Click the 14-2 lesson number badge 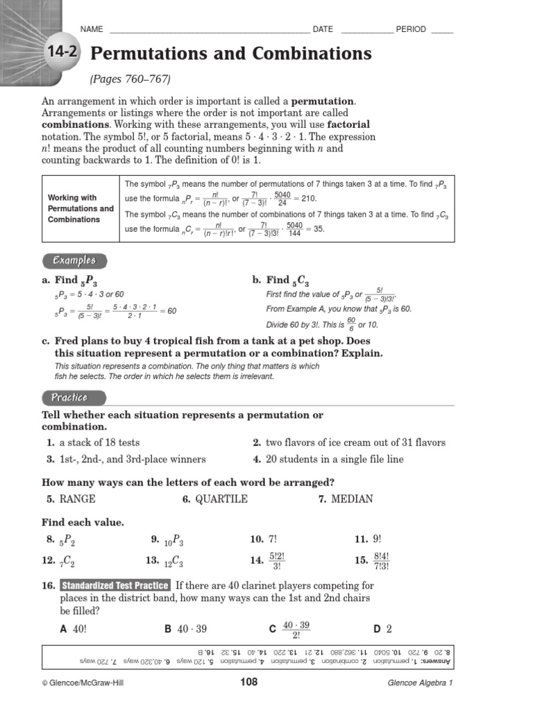tap(63, 53)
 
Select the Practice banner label tap(69, 397)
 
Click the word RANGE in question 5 tap(78, 499)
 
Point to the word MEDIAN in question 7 tap(352, 499)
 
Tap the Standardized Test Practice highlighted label tap(115, 585)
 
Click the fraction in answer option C tap(296, 630)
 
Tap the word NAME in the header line tap(92, 29)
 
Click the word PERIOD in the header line tap(412, 29)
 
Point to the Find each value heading tap(83, 522)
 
